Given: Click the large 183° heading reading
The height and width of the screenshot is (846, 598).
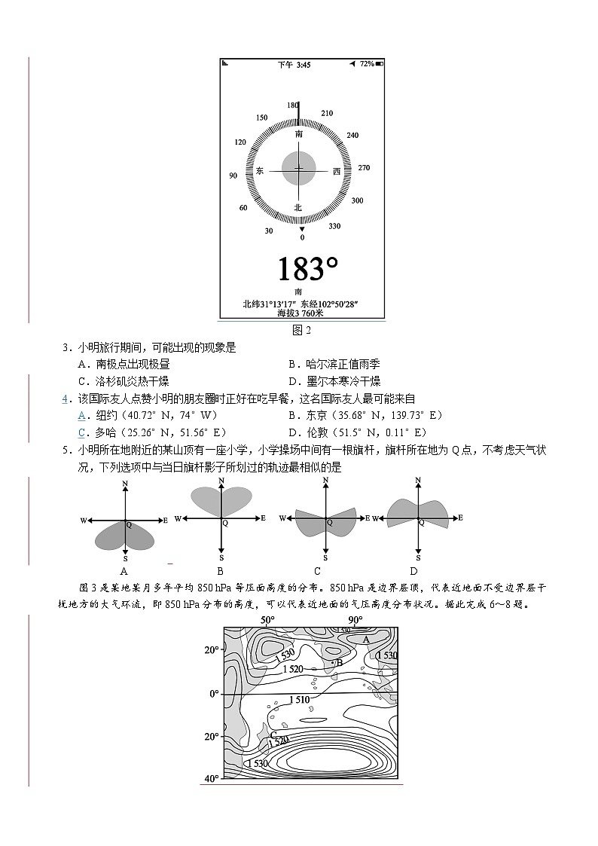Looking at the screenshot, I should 307,269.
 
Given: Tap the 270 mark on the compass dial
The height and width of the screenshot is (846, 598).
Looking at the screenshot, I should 364,167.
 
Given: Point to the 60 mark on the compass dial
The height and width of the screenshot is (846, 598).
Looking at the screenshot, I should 243,208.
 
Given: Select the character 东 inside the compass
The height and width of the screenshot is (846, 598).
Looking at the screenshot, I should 260,171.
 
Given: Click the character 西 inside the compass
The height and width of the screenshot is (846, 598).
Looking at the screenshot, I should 337,171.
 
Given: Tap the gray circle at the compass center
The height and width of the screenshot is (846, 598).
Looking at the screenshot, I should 299,169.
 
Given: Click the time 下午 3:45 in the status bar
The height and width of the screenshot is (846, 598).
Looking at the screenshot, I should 294,65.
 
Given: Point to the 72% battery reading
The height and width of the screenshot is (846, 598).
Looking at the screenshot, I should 366,65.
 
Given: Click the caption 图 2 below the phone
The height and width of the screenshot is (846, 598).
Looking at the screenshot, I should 302,329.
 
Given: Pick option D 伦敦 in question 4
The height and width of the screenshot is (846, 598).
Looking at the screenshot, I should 357,432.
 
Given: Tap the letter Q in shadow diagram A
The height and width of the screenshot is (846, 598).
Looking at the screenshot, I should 128,524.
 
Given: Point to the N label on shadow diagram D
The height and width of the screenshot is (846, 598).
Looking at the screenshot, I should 418,479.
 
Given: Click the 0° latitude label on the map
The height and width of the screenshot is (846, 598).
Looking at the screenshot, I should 214,693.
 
